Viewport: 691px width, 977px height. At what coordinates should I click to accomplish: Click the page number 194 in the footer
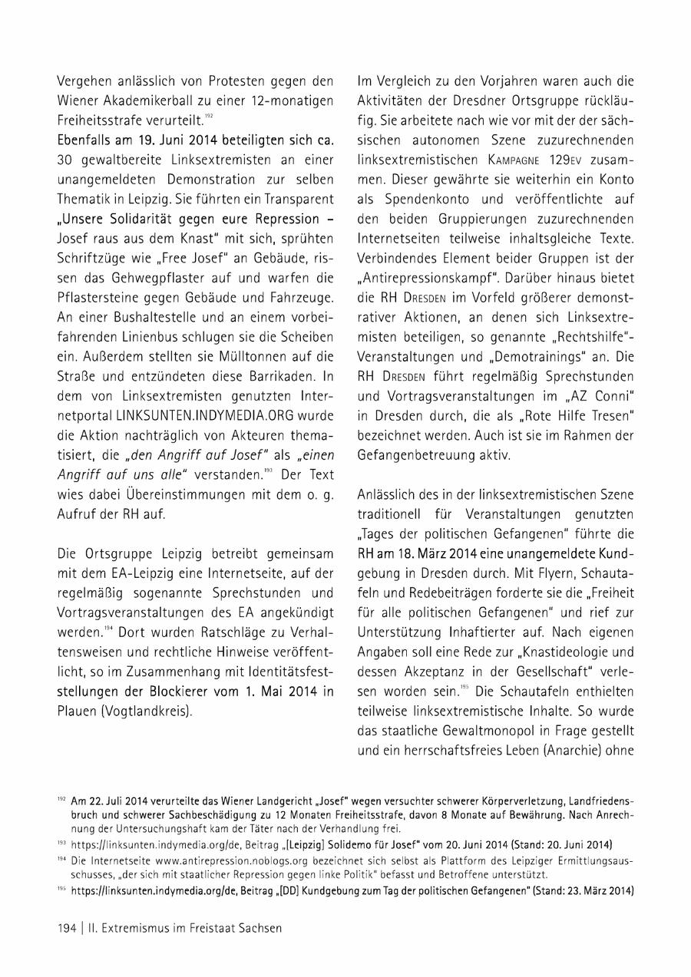pyautogui.click(x=67, y=927)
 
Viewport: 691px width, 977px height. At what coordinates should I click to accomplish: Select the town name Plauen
pyautogui.click(x=80, y=711)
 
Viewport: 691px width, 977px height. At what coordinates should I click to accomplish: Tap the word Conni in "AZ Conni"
pyautogui.click(x=613, y=395)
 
